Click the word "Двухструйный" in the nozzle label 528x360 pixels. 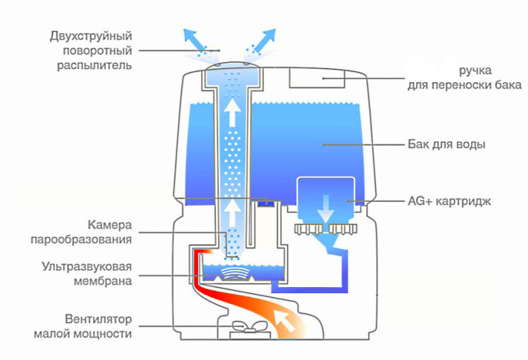click(x=91, y=36)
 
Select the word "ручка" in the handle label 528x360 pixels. click(x=475, y=69)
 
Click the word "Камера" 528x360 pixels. click(x=109, y=225)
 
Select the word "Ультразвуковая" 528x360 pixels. click(x=88, y=265)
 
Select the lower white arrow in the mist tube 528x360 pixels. click(x=231, y=212)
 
